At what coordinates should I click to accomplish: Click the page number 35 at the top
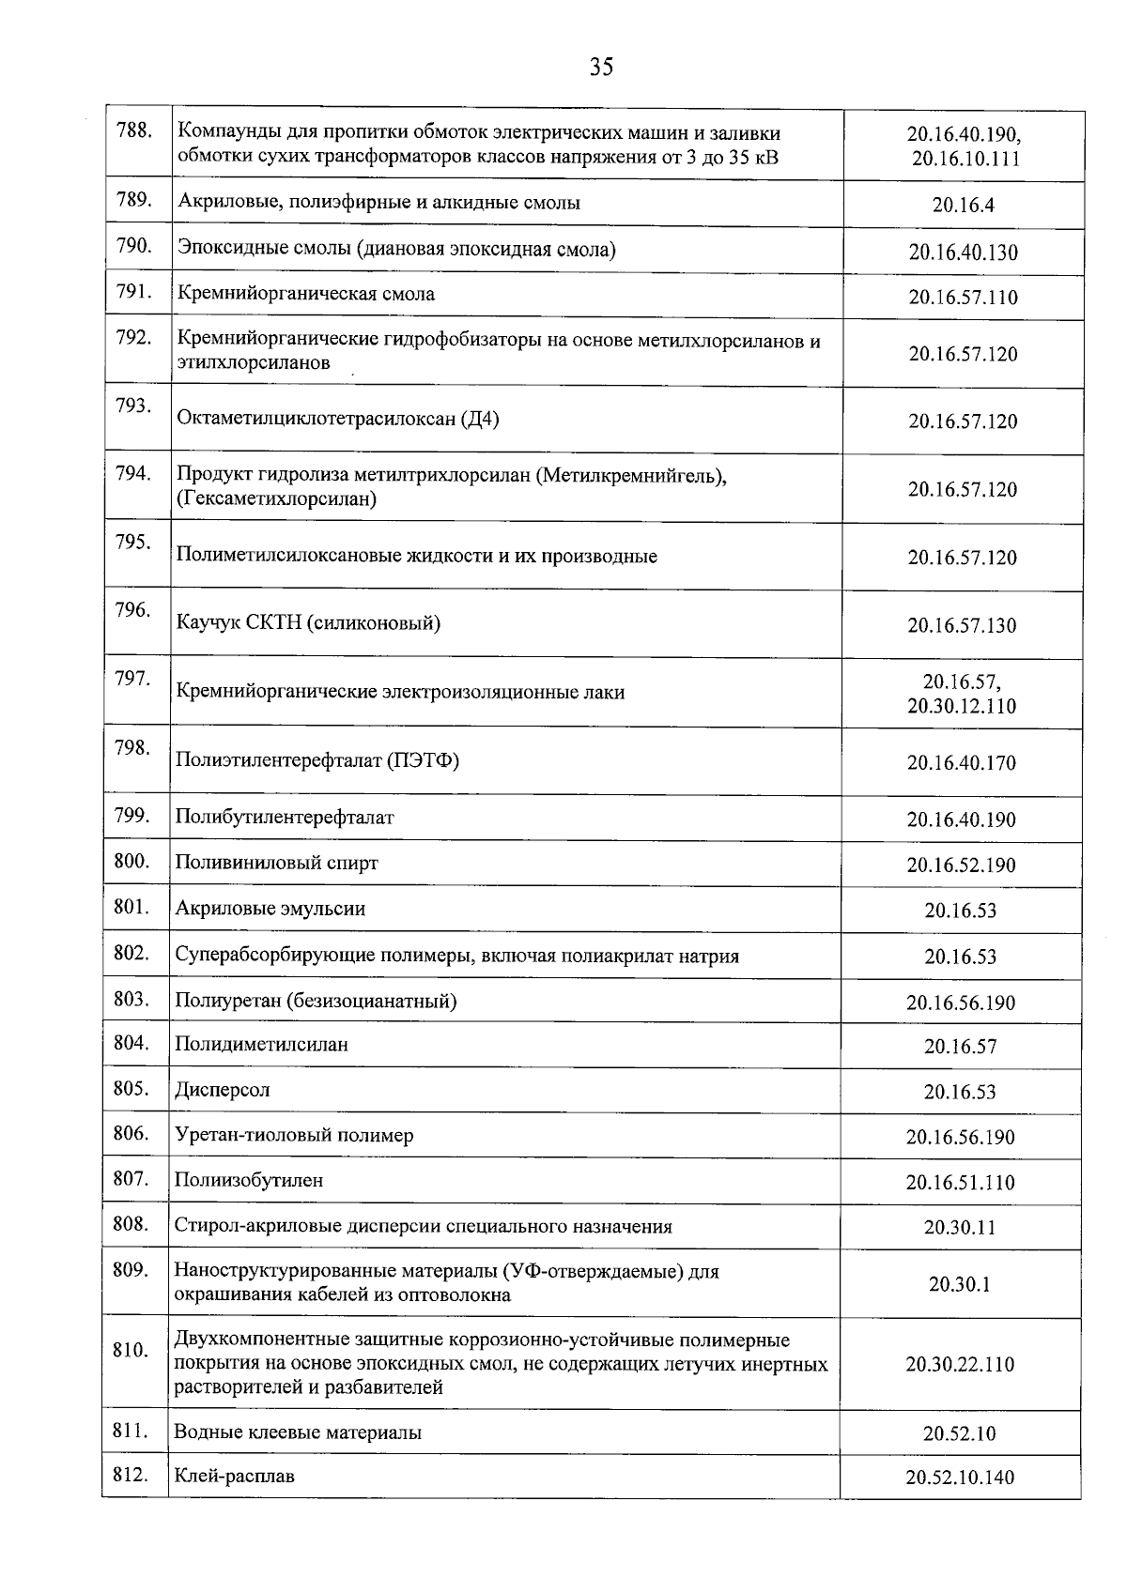click(x=602, y=67)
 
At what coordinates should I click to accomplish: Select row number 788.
click(x=133, y=130)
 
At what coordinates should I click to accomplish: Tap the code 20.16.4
click(x=963, y=205)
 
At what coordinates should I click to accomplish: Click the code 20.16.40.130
click(x=963, y=253)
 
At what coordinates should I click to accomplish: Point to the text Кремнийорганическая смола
click(x=306, y=294)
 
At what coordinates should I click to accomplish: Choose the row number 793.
click(x=133, y=406)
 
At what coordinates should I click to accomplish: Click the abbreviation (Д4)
click(x=479, y=419)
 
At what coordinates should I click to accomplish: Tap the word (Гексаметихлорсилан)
click(x=276, y=498)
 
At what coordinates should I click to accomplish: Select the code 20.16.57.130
click(x=962, y=626)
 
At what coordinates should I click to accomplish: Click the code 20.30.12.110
click(x=962, y=706)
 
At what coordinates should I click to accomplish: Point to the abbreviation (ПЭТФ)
click(x=423, y=760)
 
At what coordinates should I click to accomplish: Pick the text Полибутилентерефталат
click(x=285, y=817)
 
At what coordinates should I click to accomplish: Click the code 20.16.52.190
click(x=961, y=865)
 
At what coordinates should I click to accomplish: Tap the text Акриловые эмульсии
click(x=270, y=909)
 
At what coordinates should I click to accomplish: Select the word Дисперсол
click(x=223, y=1090)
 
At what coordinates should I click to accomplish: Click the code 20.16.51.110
click(x=961, y=1183)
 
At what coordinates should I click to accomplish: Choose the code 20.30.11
click(x=960, y=1228)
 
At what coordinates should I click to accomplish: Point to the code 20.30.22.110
click(x=960, y=1365)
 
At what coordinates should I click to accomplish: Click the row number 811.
click(x=131, y=1431)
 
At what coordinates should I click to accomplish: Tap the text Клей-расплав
click(x=235, y=1476)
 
